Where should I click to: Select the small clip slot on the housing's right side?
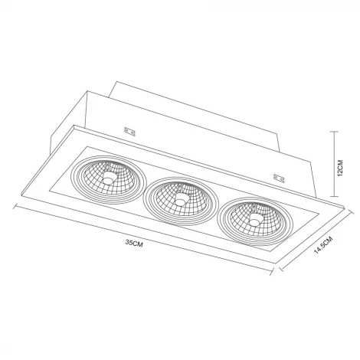(277, 177)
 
